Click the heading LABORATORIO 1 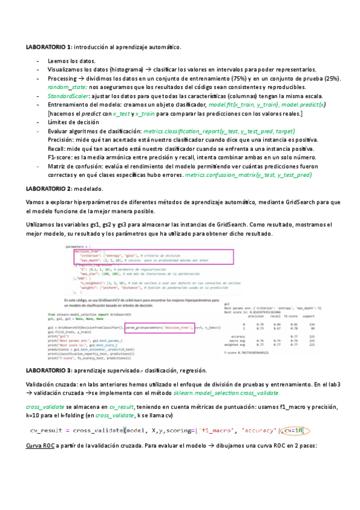tap(49, 46)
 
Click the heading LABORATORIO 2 tap(49, 189)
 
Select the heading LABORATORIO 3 tap(49, 370)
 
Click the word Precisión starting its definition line tap(61, 140)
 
